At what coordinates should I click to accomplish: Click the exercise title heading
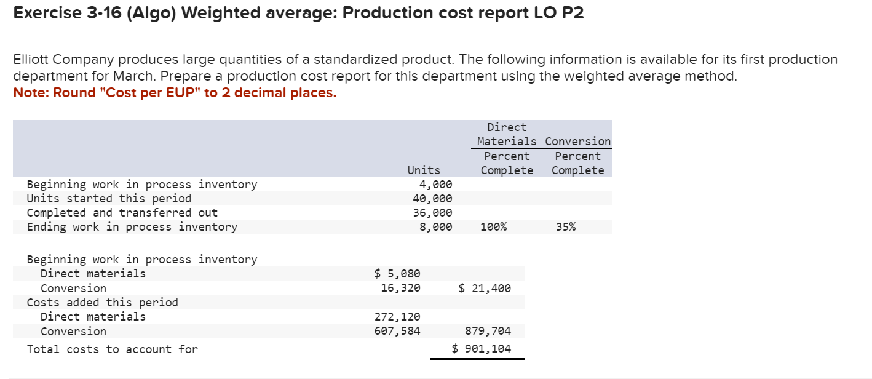(x=298, y=14)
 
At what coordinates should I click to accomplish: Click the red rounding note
(x=175, y=93)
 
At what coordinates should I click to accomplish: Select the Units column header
(x=424, y=170)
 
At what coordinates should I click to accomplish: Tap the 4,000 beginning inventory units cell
(x=435, y=185)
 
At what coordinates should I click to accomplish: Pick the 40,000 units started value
(x=432, y=199)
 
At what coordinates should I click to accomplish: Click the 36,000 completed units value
(x=432, y=213)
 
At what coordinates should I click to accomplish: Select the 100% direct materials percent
(x=494, y=227)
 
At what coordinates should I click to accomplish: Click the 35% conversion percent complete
(x=566, y=227)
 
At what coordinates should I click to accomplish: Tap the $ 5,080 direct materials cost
(x=397, y=274)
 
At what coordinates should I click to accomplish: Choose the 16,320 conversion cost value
(x=400, y=288)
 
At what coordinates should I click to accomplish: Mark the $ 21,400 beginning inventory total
(x=485, y=288)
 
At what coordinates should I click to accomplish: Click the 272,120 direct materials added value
(x=397, y=317)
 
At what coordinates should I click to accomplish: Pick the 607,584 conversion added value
(x=397, y=331)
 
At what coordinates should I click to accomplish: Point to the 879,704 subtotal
(x=488, y=331)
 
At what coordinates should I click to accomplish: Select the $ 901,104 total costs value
(x=482, y=349)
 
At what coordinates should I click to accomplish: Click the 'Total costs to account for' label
(x=113, y=349)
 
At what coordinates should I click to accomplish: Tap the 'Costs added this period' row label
(x=102, y=303)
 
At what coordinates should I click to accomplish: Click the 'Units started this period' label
(x=109, y=199)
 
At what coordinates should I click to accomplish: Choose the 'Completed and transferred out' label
(x=122, y=213)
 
